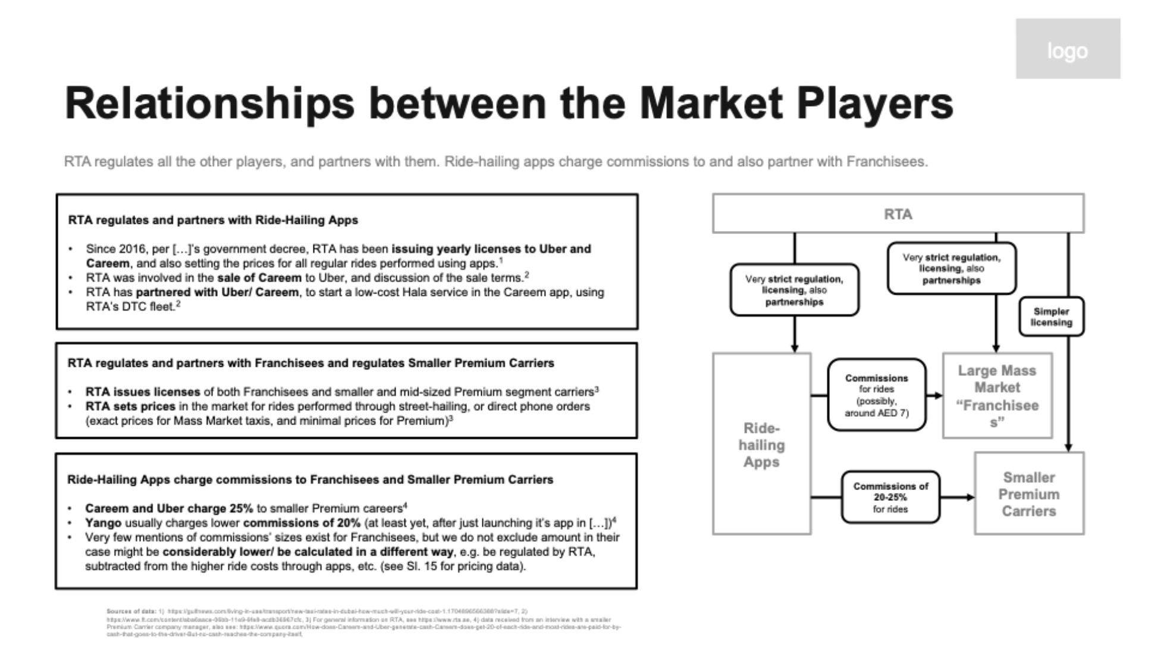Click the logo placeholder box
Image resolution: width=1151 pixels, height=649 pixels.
coord(1067,49)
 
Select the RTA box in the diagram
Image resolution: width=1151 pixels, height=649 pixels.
coord(898,214)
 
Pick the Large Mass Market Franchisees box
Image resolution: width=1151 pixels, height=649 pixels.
coord(997,396)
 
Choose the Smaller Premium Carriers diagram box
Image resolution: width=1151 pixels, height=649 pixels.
coord(1028,494)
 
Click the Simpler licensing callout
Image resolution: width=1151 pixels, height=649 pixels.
coord(1051,317)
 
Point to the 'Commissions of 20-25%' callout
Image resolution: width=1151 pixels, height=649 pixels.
coord(890,497)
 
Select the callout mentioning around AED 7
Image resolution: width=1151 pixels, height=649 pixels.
coord(876,395)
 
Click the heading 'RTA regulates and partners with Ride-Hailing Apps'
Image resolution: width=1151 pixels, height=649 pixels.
coord(213,220)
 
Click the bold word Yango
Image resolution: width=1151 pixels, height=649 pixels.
coord(103,523)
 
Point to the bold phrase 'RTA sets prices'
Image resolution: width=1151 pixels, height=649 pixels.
coord(130,407)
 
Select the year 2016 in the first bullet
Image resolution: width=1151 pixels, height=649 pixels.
coord(132,249)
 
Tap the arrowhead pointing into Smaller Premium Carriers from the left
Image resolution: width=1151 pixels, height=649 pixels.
coord(971,497)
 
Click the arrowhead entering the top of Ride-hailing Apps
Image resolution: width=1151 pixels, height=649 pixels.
coord(794,348)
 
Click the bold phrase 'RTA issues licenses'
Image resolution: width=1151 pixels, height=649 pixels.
coord(143,392)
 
